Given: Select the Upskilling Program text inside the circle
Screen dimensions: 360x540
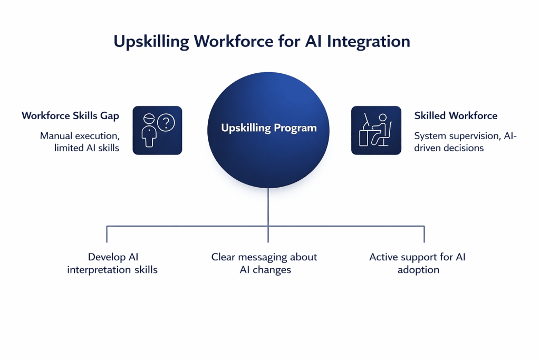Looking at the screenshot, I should click(x=269, y=128).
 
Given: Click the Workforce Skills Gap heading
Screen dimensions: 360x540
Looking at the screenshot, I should click(x=70, y=115).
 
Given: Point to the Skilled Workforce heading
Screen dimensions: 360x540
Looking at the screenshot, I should click(x=456, y=115).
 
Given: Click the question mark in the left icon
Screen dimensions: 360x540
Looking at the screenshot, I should click(x=166, y=123).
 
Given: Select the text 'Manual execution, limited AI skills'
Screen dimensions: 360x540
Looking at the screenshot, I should click(x=80, y=142).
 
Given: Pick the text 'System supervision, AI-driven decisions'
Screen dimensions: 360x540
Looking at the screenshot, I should click(x=465, y=142).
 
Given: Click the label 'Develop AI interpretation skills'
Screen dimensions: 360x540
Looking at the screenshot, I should click(x=112, y=264).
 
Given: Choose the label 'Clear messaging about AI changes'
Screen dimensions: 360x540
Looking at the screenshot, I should click(x=264, y=264).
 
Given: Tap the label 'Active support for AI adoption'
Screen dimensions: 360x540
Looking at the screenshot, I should click(x=418, y=264).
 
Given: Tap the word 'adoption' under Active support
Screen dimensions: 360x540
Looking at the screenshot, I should click(x=418, y=270).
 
